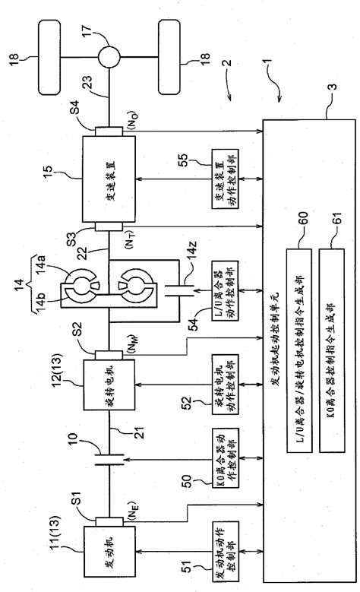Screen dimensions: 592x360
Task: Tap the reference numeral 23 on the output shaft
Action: (97, 89)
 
